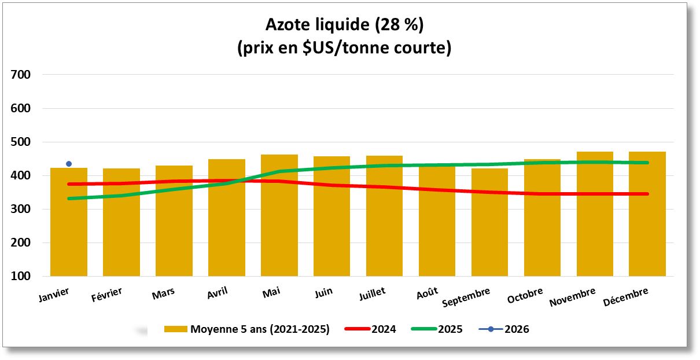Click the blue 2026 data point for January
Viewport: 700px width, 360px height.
coord(69,164)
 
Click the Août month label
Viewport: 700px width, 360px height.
coord(426,293)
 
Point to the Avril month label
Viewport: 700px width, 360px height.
coord(217,293)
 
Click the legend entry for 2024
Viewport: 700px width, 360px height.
coord(384,329)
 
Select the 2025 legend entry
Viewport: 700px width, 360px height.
coord(450,329)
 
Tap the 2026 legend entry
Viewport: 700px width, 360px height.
coord(516,329)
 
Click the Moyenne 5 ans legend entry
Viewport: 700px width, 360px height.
coord(260,329)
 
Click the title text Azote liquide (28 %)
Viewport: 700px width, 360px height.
coord(344,25)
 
